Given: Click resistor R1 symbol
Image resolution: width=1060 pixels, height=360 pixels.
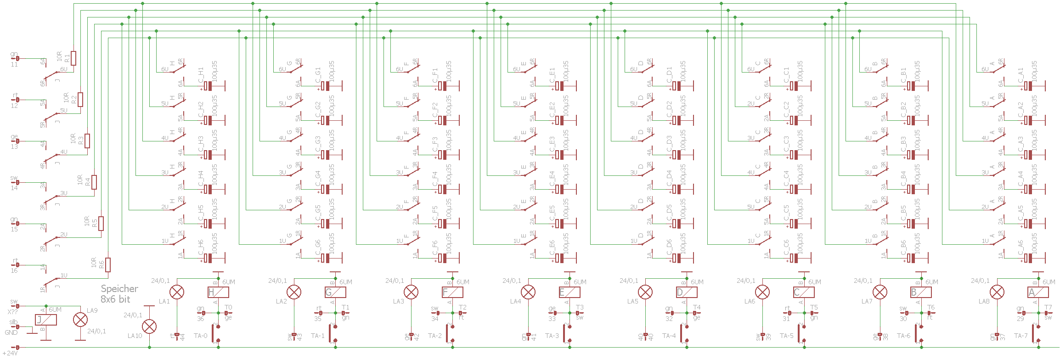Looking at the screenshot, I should point(73,58).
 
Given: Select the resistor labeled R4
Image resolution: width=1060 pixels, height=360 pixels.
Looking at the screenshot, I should point(94,182).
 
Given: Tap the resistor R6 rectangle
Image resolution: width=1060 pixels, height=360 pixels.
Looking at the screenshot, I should point(108,265).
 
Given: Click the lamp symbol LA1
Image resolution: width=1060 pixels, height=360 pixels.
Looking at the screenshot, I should point(177,292).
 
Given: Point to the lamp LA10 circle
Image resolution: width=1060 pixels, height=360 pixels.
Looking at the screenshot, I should point(149,326).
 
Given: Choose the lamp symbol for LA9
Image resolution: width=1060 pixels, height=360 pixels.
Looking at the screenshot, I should point(80,320).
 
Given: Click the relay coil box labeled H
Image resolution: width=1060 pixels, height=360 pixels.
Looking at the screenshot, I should point(218,292).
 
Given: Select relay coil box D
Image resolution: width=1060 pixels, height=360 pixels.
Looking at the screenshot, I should point(687,292).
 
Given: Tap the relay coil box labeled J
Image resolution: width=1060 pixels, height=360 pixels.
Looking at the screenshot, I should point(46,320).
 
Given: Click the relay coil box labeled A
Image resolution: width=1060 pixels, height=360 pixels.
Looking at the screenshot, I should point(1038,292).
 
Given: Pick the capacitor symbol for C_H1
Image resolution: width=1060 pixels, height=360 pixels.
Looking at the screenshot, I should point(209,86).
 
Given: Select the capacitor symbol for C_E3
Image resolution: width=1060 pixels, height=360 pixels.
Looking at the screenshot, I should point(560,155).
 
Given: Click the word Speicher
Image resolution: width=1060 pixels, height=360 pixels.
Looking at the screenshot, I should point(119,289).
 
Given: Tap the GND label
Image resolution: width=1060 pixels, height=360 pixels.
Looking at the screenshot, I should point(11,332).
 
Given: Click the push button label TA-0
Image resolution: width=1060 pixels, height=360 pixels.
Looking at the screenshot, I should point(201,336).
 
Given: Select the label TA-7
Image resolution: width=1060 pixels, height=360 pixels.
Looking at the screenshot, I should point(1021,336).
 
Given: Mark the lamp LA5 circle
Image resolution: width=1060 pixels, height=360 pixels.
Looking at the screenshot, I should point(645,292).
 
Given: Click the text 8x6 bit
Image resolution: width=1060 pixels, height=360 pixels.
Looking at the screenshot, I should point(115,299).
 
